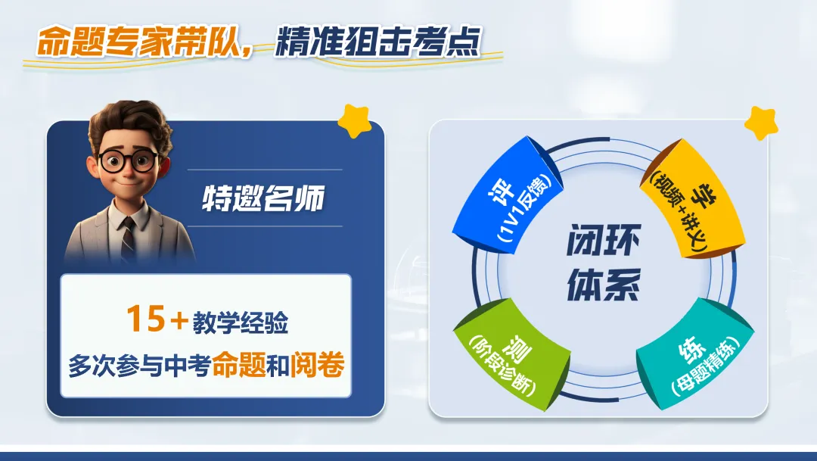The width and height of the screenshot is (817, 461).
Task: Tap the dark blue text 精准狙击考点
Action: point(378,43)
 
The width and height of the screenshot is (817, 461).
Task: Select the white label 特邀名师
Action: point(262,198)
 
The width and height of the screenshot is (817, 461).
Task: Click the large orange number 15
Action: point(145,319)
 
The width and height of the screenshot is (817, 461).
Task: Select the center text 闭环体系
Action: point(603,266)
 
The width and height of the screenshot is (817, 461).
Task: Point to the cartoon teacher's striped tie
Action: point(129,235)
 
